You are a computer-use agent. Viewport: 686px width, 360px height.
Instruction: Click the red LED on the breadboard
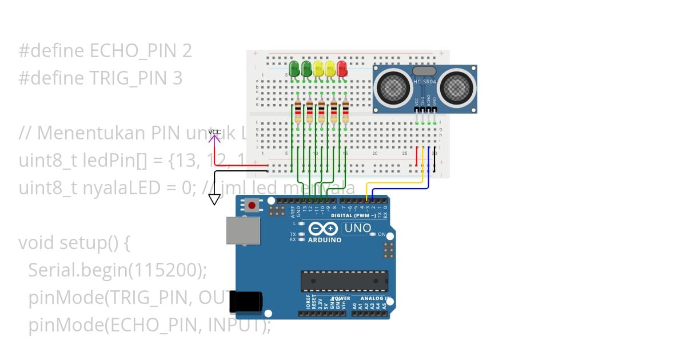[342, 70]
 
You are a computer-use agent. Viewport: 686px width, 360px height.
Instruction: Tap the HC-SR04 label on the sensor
[424, 82]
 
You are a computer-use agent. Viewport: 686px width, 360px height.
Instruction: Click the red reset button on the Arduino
[252, 205]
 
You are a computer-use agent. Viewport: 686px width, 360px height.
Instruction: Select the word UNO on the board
[357, 229]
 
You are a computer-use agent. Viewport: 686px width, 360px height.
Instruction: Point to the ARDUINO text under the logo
[325, 240]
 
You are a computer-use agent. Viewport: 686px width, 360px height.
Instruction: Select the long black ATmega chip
[344, 281]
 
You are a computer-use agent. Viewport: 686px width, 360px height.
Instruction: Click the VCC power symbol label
[214, 133]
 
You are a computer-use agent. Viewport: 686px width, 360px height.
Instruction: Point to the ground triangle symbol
[214, 199]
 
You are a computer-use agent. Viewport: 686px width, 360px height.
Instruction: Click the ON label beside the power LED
[381, 234]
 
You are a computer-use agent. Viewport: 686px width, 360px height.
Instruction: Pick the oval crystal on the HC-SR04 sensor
[424, 71]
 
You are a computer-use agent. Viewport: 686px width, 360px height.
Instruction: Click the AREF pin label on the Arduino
[292, 213]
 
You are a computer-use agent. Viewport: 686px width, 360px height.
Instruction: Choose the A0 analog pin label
[354, 306]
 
